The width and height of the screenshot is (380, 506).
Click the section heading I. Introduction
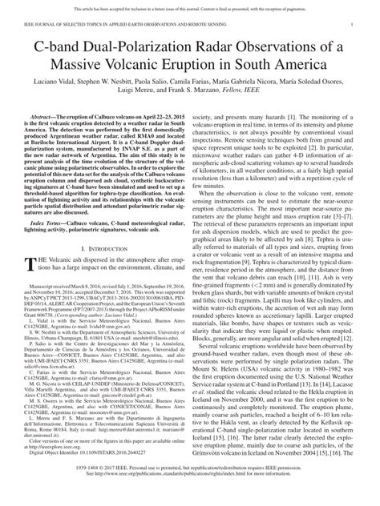(x=103, y=274)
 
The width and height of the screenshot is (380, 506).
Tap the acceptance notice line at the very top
(x=189, y=6)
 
